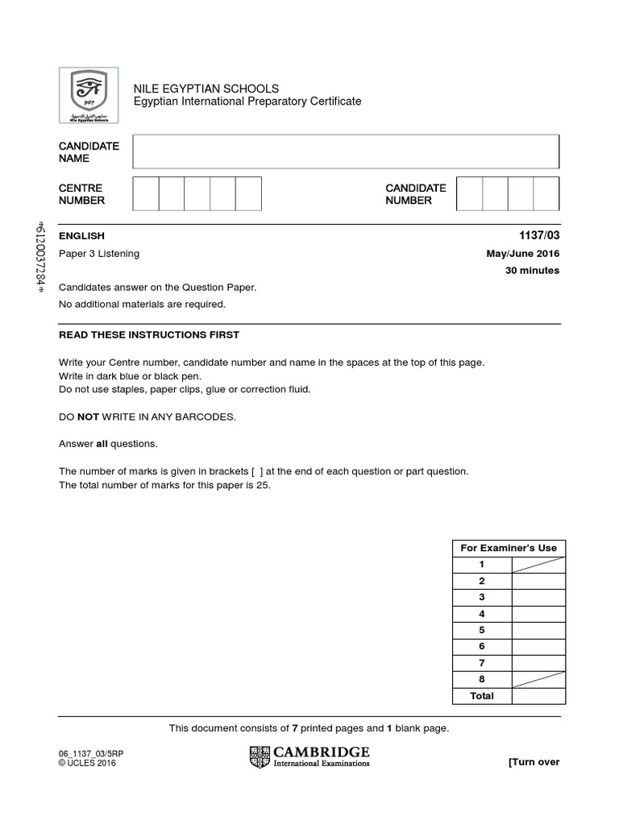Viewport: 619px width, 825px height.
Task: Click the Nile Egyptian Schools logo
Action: tap(88, 95)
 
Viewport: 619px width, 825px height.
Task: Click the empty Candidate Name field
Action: tap(346, 151)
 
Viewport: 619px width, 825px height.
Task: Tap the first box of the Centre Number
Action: tap(145, 194)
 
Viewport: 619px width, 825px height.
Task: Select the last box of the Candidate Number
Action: tap(546, 194)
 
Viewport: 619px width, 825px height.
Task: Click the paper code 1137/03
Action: tap(540, 236)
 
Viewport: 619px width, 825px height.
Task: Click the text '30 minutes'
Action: tap(531, 271)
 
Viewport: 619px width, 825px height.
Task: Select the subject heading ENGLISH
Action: tap(81, 236)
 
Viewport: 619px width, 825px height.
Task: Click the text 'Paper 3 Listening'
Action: tap(99, 254)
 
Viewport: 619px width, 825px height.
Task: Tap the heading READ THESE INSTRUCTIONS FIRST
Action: tap(149, 335)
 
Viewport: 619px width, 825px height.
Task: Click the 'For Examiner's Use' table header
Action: tap(509, 548)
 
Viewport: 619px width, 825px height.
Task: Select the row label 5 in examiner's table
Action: tap(482, 630)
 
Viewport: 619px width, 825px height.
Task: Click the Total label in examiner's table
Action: tap(482, 696)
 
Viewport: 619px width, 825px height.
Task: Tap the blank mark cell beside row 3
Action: tap(538, 597)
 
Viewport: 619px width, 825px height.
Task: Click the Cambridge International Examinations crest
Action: tap(260, 757)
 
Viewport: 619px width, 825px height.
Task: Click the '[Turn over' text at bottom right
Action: tap(534, 762)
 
